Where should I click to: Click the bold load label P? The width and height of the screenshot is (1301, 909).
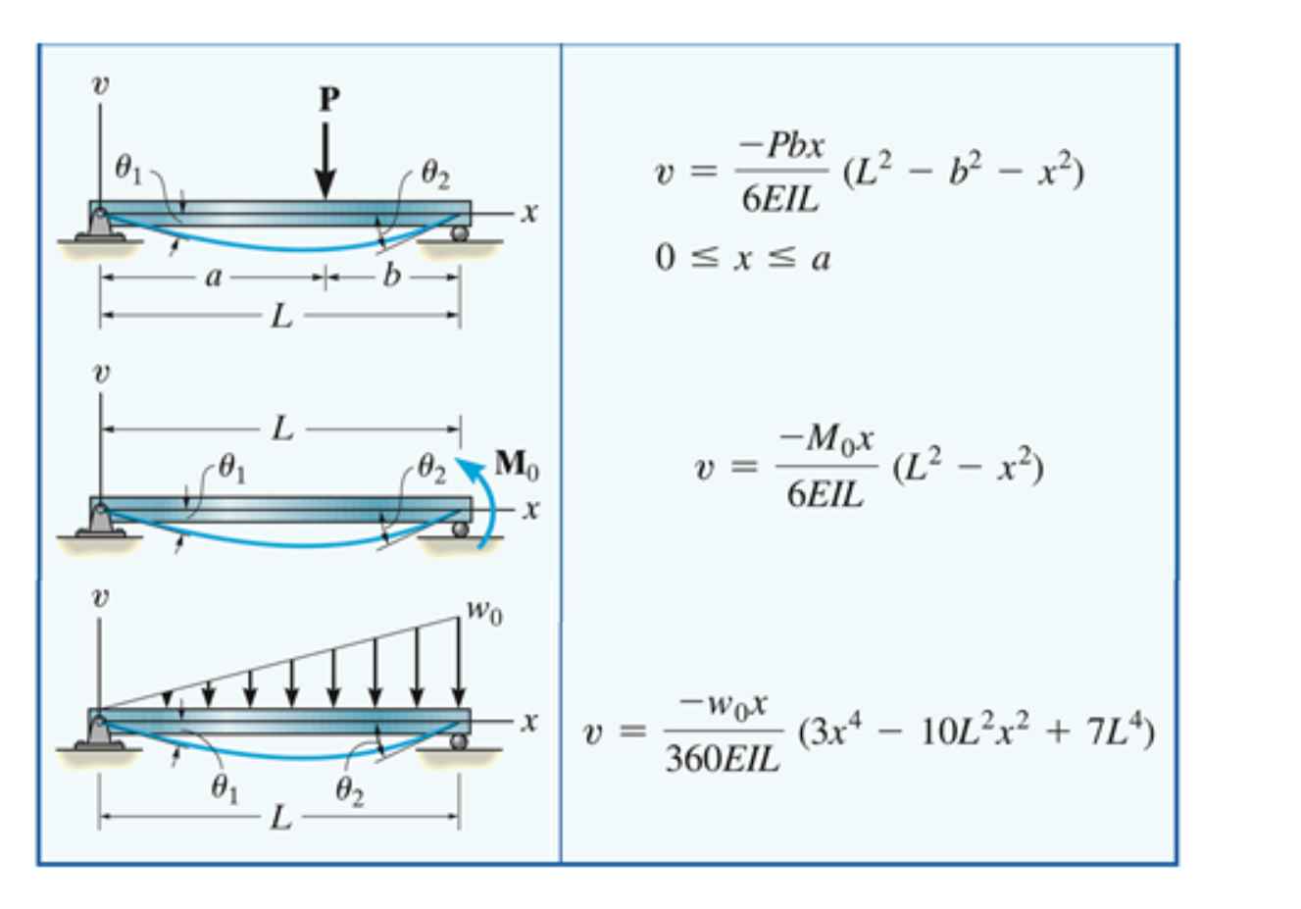[329, 99]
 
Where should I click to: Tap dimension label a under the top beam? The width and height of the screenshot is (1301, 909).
[214, 278]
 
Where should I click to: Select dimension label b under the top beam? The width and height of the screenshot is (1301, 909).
[391, 277]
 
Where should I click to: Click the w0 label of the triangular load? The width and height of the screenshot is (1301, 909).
[483, 612]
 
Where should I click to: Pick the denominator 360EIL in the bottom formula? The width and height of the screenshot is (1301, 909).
[723, 758]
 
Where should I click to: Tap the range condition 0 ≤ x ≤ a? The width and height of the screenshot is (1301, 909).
[742, 259]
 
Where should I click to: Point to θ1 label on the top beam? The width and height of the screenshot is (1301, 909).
[128, 170]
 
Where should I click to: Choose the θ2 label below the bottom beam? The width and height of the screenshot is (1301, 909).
[349, 789]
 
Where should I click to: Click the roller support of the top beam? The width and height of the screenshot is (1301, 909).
[459, 234]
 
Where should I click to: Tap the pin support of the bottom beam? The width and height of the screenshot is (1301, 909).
[99, 732]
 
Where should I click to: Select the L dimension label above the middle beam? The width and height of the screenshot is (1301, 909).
[281, 429]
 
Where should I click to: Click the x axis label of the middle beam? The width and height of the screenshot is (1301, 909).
[530, 510]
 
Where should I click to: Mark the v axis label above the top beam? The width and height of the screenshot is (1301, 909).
[100, 85]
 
